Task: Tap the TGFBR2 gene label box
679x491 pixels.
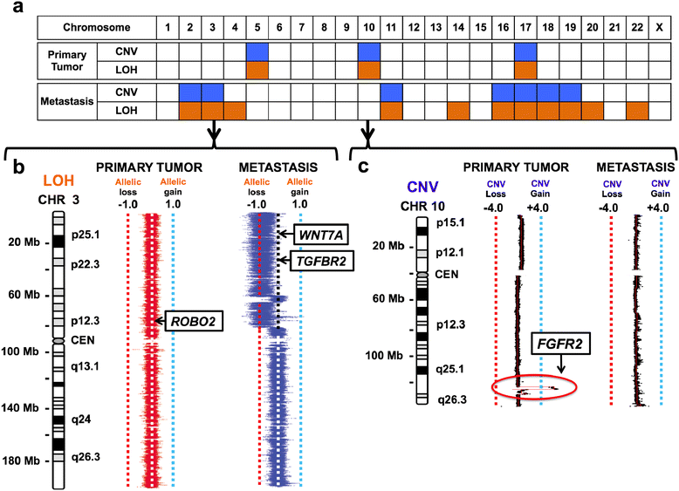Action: [326, 259]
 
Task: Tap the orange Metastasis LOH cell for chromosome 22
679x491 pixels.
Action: [637, 111]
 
